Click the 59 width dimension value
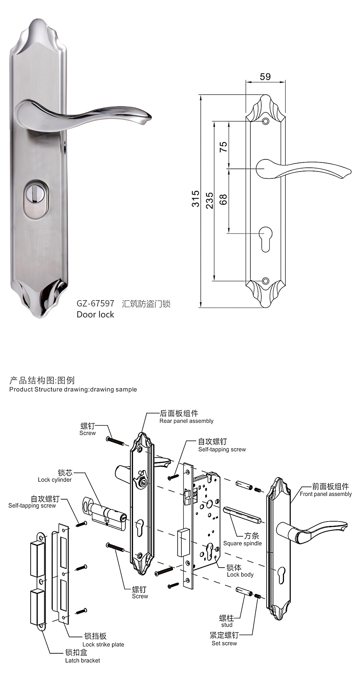(265, 77)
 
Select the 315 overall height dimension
(196, 199)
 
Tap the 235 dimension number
(209, 200)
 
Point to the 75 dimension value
(223, 147)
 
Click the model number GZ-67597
(95, 303)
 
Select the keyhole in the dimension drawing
(265, 238)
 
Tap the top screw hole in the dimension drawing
(265, 121)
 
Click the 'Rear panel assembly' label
(186, 421)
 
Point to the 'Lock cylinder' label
(55, 480)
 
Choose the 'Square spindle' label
(242, 543)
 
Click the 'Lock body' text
(240, 575)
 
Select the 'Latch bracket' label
(82, 660)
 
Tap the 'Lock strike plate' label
(103, 645)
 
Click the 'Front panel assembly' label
(326, 494)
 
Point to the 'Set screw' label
(224, 643)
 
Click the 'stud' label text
(227, 625)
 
